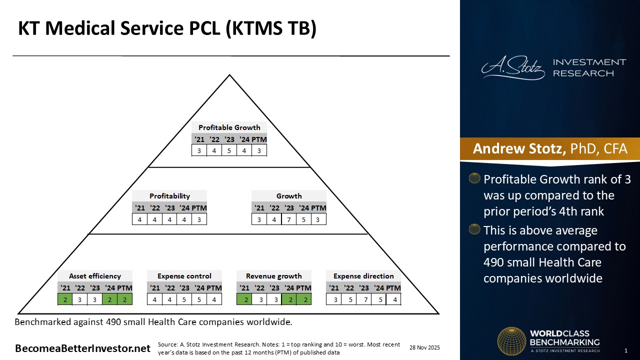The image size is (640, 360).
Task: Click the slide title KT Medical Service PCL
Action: click(167, 28)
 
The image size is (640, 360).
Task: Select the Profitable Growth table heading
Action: click(229, 127)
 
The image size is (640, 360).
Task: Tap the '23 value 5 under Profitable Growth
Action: click(229, 150)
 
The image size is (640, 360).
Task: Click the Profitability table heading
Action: click(169, 196)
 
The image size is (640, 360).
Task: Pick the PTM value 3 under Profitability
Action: click(199, 219)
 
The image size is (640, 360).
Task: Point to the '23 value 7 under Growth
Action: click(289, 219)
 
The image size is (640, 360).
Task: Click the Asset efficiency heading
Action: click(95, 276)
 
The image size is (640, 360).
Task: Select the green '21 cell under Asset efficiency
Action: click(65, 299)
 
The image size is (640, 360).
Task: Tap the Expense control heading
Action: click(184, 276)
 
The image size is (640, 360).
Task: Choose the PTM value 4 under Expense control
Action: click(214, 299)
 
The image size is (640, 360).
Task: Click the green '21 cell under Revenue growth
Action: click(244, 299)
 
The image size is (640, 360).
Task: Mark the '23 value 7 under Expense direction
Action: click(364, 299)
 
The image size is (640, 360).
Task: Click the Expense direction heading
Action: click(363, 276)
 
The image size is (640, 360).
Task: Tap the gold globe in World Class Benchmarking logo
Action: click(511, 341)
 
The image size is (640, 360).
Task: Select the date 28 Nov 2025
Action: click(424, 347)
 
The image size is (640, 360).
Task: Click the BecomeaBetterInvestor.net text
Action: click(82, 348)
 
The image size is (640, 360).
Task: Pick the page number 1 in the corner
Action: click(626, 350)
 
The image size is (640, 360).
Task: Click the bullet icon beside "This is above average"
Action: click(474, 230)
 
